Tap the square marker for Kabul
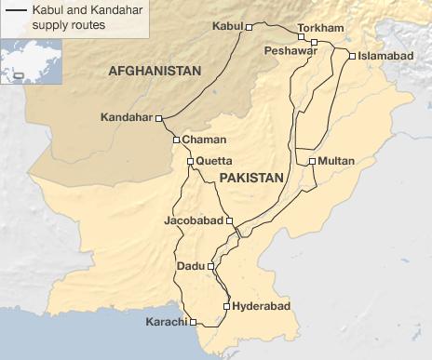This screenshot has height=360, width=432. point(249,28)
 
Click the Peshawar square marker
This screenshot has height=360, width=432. point(315,43)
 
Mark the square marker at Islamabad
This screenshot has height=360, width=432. point(351,56)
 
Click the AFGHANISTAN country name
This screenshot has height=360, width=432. point(155,72)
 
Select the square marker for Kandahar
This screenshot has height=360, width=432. point(159,118)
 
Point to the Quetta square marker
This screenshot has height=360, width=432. point(190,161)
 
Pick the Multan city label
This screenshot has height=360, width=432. point(336,161)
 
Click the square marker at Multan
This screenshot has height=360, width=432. point(311,162)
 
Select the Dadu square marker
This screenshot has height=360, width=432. point(211,267)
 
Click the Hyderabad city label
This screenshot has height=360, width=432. point(255,305)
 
